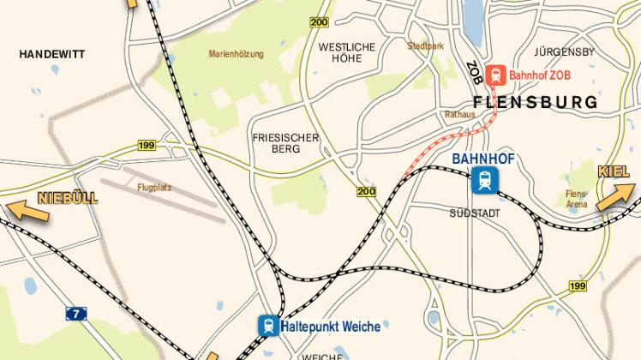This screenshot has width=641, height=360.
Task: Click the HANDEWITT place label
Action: tap(52, 53)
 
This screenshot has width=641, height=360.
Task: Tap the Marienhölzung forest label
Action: tap(237, 53)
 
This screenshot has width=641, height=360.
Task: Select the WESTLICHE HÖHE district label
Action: tap(347, 53)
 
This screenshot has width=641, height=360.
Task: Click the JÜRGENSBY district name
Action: tap(564, 51)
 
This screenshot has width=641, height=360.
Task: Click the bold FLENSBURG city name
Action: tap(547, 103)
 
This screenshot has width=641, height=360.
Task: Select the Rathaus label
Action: tap(459, 113)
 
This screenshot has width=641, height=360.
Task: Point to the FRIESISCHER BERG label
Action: tap(285, 143)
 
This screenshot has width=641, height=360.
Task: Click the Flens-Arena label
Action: tap(577, 200)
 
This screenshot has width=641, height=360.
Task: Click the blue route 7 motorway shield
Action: tap(77, 314)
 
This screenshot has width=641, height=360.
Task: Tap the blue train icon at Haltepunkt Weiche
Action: tap(269, 326)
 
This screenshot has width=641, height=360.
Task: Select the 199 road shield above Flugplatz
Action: tap(146, 147)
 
